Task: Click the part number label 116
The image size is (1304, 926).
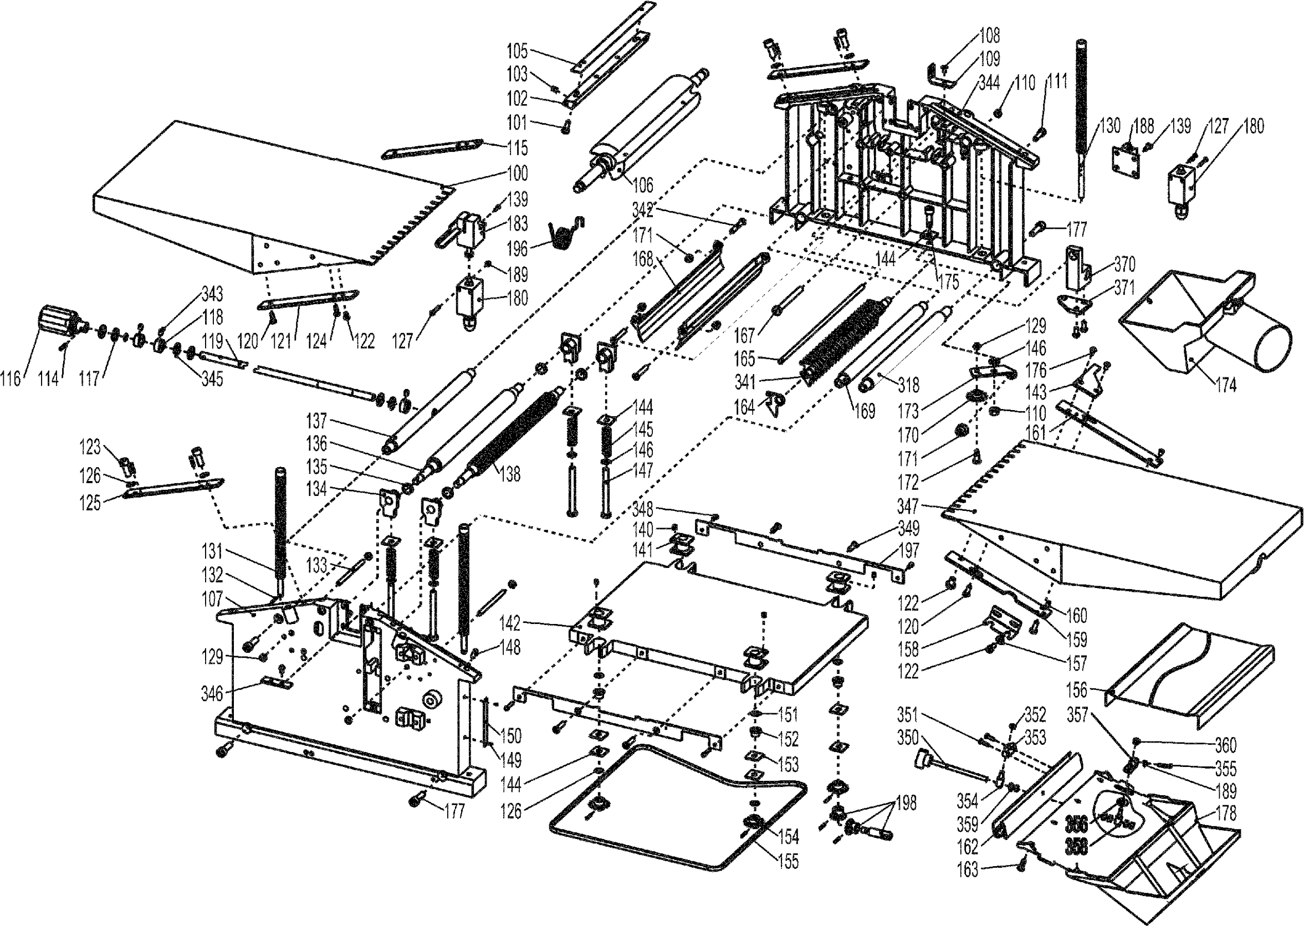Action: pyautogui.click(x=11, y=378)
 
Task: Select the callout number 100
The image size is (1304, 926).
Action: pyautogui.click(x=517, y=173)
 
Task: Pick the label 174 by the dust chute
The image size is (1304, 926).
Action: pyautogui.click(x=1225, y=386)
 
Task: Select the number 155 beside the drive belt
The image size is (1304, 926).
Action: pyautogui.click(x=788, y=862)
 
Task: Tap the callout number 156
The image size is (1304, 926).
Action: pyautogui.click(x=1076, y=690)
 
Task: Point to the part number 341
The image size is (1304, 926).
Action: pyautogui.click(x=745, y=381)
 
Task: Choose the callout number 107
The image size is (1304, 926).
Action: pyautogui.click(x=212, y=598)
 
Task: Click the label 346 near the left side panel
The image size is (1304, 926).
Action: pyautogui.click(x=212, y=694)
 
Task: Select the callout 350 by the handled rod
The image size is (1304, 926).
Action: pyautogui.click(x=908, y=738)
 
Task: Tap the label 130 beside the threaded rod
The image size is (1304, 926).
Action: pyautogui.click(x=1109, y=125)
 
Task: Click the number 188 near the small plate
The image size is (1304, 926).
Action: pyautogui.click(x=1144, y=126)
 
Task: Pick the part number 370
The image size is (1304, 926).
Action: pyautogui.click(x=1124, y=264)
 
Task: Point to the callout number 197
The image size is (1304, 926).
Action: pyautogui.click(x=909, y=550)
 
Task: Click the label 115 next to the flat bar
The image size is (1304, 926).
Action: pyautogui.click(x=517, y=149)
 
